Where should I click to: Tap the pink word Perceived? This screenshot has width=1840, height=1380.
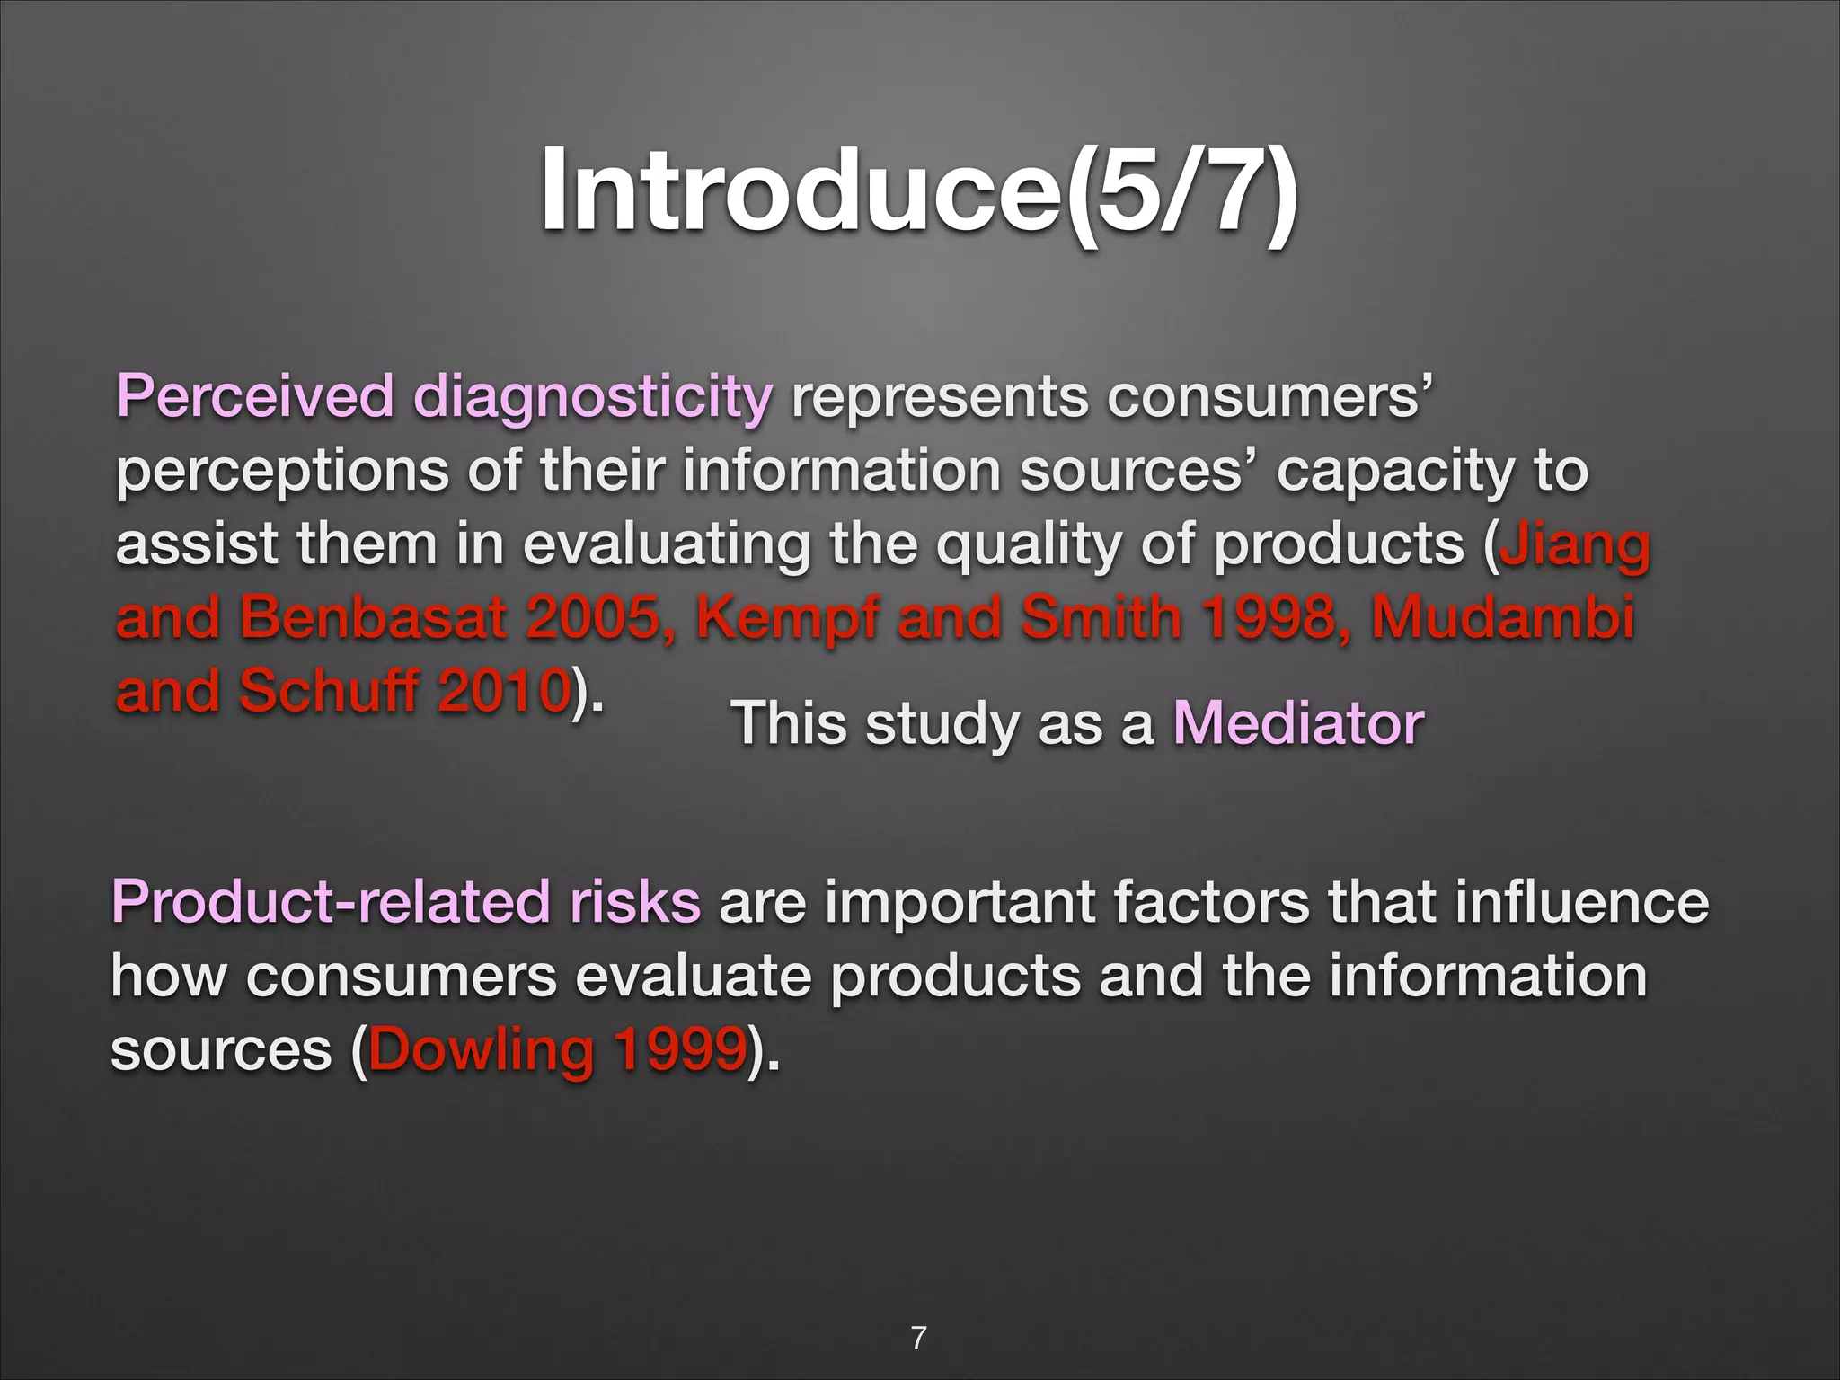[255, 396]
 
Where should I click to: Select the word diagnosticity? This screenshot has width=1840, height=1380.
[592, 398]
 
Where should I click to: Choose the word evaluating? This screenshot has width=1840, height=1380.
[667, 545]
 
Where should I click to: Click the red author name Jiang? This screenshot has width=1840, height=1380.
[1574, 545]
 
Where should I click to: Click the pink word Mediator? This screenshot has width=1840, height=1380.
[1298, 723]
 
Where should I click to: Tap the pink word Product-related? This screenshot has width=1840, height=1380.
[331, 902]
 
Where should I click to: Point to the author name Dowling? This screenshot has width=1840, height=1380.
[481, 1050]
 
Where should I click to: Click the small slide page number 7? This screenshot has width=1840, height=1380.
[918, 1338]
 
